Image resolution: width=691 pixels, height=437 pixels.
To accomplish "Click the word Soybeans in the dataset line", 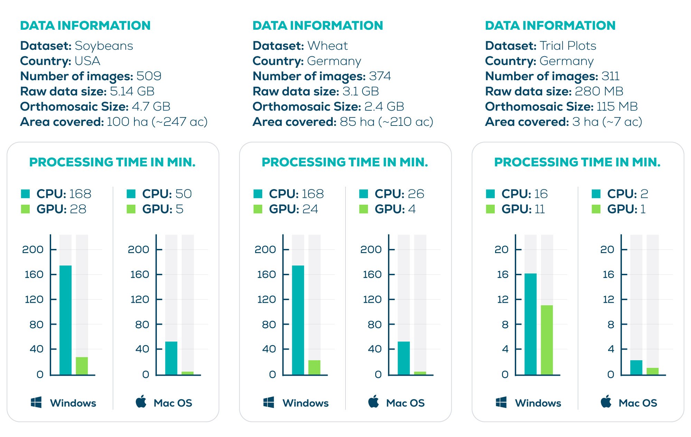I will [104, 46].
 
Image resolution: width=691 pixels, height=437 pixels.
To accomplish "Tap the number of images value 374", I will [380, 76].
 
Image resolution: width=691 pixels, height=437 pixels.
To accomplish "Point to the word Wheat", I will [328, 46].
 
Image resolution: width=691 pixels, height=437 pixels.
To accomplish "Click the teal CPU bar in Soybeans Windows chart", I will [66, 320].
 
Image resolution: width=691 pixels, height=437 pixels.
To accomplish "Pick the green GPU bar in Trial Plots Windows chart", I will [547, 340].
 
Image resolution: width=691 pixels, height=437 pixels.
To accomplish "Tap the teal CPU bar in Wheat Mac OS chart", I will [404, 358].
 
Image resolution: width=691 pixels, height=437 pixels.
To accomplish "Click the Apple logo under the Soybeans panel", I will [141, 402].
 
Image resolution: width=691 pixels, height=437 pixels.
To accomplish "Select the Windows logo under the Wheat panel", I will [268, 402].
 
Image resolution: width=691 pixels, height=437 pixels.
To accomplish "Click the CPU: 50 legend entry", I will [167, 194].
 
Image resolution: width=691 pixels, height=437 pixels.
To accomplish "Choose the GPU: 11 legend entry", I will [523, 209].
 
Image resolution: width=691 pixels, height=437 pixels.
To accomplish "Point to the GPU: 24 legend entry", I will [293, 209].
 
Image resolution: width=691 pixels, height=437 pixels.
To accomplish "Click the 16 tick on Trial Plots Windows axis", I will [503, 275].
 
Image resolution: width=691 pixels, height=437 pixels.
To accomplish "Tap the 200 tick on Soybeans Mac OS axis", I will [138, 249].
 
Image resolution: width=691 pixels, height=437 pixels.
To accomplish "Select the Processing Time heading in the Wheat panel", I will [345, 162].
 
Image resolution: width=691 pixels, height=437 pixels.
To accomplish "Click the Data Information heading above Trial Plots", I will [550, 26].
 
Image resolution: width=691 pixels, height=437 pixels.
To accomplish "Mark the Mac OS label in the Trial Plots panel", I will [637, 403].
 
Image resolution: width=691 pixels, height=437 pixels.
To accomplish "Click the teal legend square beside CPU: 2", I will [596, 194].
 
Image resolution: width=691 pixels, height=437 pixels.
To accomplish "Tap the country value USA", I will [87, 61].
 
